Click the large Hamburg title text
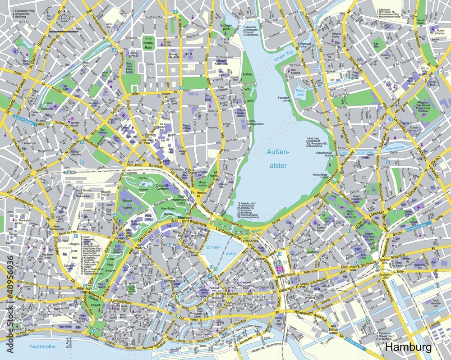[x=408, y=347]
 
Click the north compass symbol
[x=64, y=18]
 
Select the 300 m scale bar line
[x=64, y=33]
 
